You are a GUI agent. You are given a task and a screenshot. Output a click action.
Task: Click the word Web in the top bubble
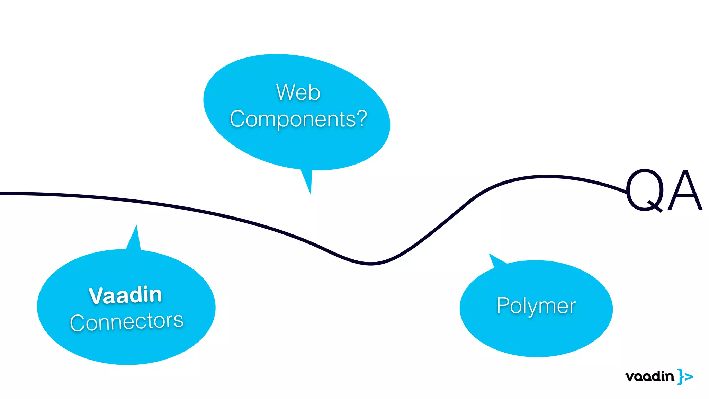pos(298,92)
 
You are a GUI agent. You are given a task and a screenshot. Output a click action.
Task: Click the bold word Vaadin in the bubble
pos(125,295)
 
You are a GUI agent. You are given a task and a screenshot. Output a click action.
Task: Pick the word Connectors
pos(127,321)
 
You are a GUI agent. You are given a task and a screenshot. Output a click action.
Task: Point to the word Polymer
pos(536,306)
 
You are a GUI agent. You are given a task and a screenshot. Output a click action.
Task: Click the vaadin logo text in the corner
pos(649,376)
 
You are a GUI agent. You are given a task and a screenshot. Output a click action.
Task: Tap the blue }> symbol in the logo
pos(685,376)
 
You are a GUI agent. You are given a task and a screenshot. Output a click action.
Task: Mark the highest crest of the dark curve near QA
pos(547,177)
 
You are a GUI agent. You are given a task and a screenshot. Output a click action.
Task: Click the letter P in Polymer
pos(502,305)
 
